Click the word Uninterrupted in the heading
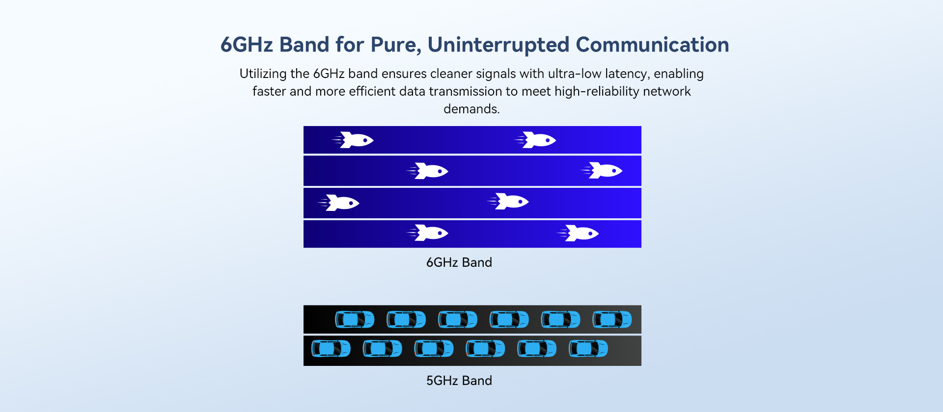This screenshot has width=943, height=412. click(498, 45)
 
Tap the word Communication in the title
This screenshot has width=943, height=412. click(652, 45)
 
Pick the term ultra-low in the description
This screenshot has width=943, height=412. click(575, 74)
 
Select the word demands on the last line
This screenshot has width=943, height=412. click(470, 109)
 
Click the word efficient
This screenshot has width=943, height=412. click(372, 91)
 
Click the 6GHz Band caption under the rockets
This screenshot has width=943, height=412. click(459, 262)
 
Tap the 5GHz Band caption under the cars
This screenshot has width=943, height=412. click(459, 381)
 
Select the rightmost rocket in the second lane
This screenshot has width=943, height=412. click(602, 170)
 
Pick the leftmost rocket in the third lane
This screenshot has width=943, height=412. click(338, 203)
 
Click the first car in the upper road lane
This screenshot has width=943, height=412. click(355, 319)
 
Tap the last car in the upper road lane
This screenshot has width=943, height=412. click(612, 319)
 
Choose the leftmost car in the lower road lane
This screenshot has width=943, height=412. click(331, 349)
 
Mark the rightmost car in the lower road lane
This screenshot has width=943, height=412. click(588, 349)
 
